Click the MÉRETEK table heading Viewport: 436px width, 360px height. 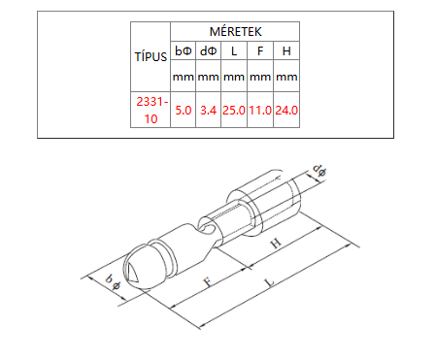[x=235, y=32]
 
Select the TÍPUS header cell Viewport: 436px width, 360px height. [x=151, y=57]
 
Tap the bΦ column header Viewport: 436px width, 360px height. [x=184, y=50]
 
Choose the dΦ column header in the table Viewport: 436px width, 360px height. [x=208, y=50]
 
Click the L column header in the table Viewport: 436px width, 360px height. [x=234, y=51]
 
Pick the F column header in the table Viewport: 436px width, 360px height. [x=260, y=51]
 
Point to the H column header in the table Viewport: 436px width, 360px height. [x=286, y=51]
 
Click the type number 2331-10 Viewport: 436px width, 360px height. [x=151, y=111]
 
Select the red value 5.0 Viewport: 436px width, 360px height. [x=184, y=111]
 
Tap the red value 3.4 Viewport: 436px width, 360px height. [x=208, y=111]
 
